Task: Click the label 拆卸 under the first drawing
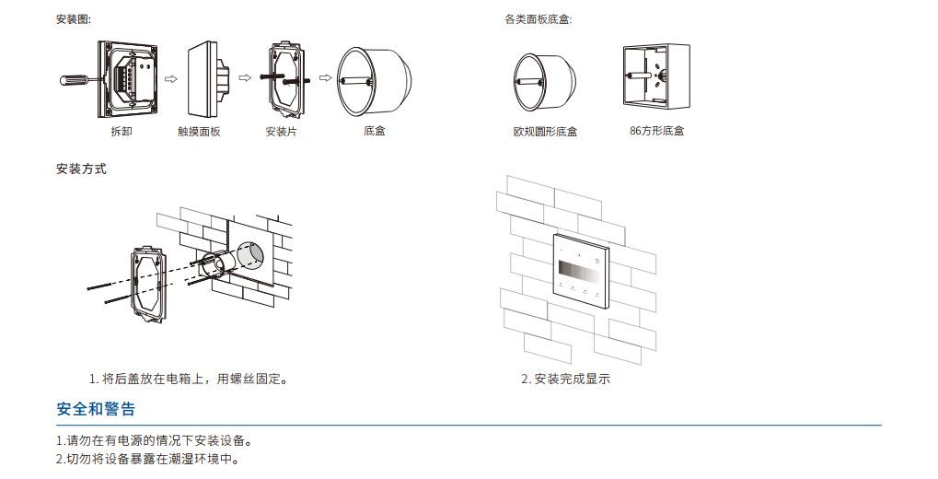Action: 121,132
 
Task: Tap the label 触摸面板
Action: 199,132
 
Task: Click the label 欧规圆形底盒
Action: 545,132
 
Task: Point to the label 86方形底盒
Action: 656,132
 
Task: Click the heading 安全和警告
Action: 96,409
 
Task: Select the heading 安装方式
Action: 81,169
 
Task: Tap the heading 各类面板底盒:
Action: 538,19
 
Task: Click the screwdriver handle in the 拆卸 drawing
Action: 73,80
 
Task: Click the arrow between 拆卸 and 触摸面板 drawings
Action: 169,78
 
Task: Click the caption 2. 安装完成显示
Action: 565,380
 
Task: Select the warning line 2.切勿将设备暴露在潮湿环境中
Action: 147,459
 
